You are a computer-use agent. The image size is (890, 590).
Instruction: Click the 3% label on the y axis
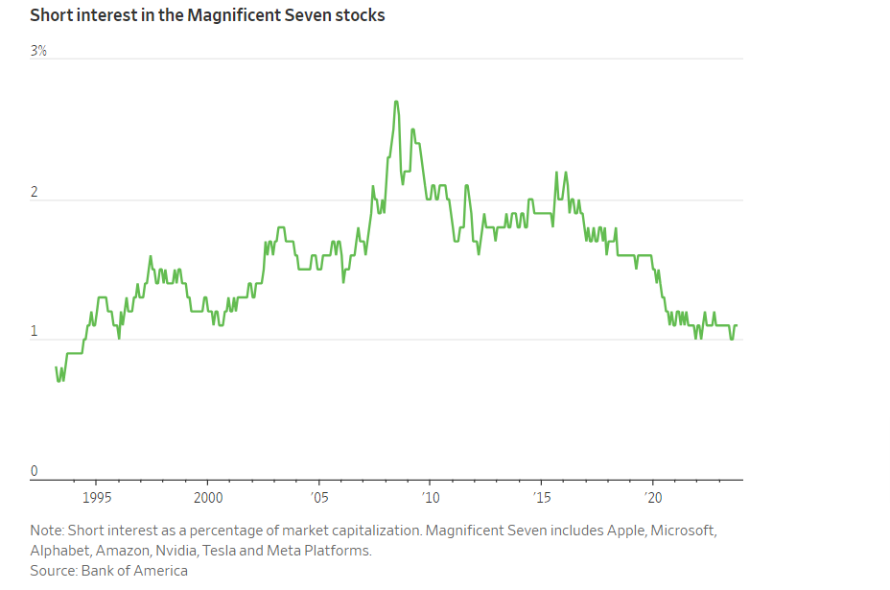coord(38,51)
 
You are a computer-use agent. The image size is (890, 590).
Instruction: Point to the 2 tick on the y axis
coord(35,192)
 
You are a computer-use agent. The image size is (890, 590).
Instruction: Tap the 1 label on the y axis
coord(35,332)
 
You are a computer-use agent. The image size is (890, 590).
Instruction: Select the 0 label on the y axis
coord(35,471)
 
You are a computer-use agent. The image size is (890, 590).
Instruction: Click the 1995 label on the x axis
coord(97,498)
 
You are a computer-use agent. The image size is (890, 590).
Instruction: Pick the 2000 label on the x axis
coord(208,498)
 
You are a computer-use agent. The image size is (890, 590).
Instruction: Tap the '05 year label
coord(319,498)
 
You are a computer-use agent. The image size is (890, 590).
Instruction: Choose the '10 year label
coord(431,498)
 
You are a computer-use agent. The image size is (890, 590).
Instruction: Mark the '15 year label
coord(541,498)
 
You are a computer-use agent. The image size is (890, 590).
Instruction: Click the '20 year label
coord(653,498)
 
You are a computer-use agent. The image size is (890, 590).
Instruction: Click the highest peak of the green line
coord(396,102)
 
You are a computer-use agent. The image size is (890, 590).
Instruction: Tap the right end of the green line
coord(737,325)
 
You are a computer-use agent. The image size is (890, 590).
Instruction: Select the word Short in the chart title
coord(50,16)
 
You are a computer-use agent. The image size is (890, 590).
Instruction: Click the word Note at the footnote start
coord(46,531)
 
